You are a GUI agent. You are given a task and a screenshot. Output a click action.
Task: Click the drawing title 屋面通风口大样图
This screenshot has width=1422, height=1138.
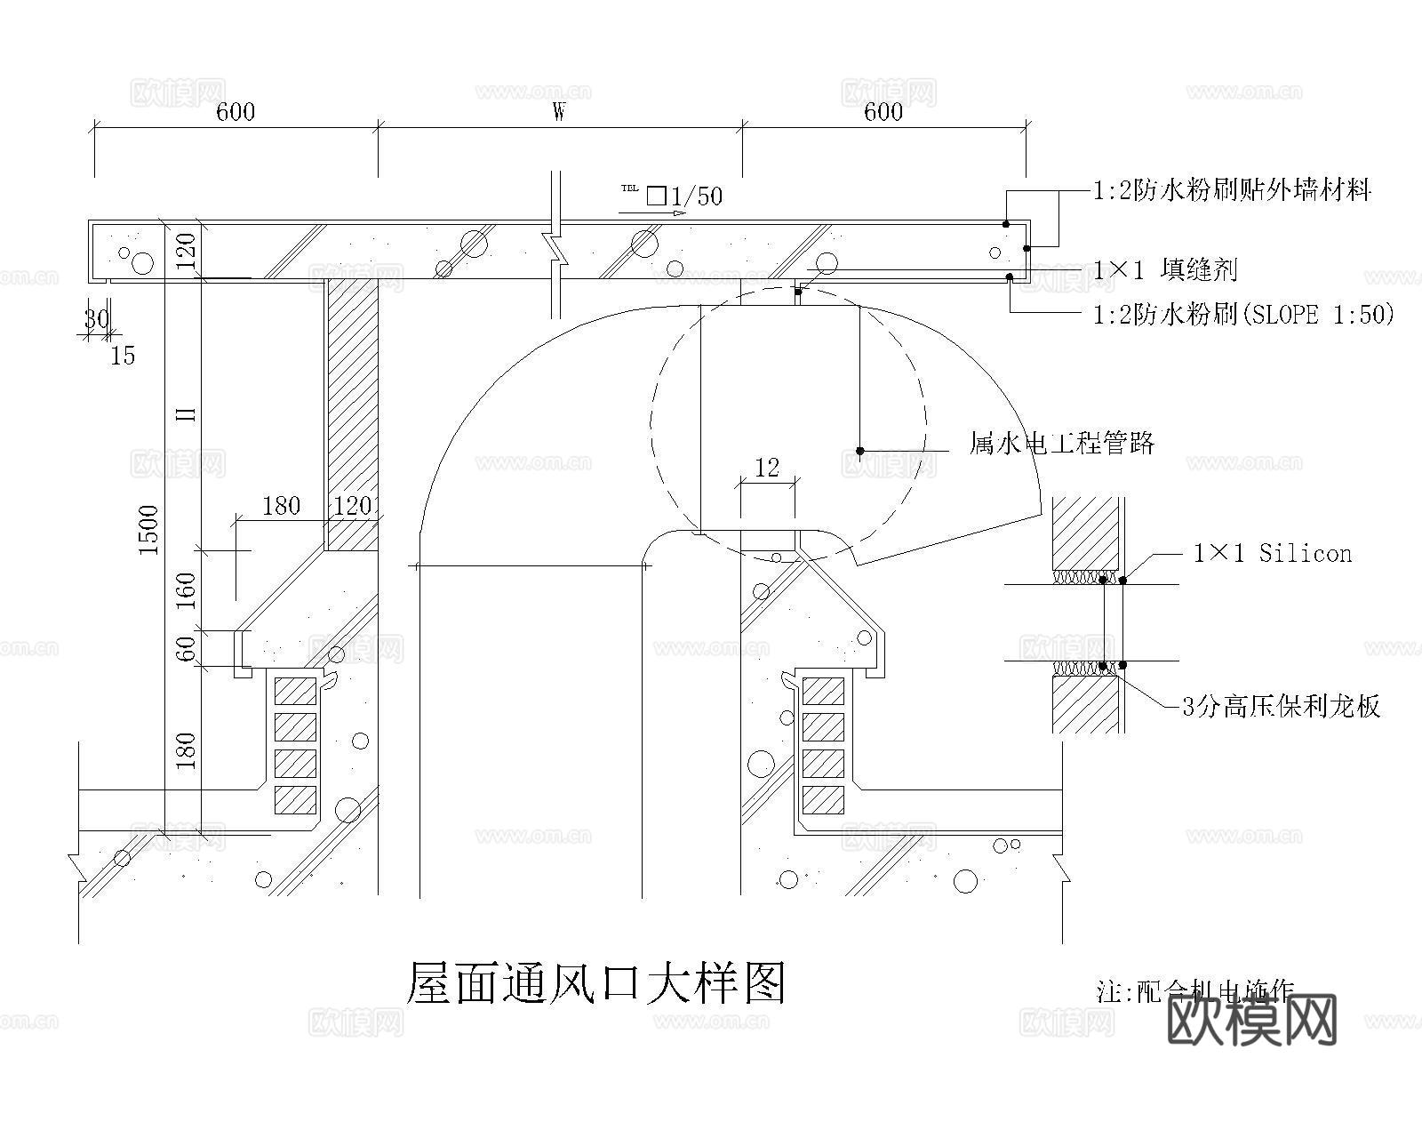595,982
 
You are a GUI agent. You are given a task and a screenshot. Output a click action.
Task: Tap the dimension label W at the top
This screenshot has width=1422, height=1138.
559,111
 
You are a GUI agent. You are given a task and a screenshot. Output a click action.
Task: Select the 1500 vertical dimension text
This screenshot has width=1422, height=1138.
148,530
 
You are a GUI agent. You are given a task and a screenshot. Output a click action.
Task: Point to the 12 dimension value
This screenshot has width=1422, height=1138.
766,468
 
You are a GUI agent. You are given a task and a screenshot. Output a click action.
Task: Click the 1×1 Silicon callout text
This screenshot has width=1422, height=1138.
1272,554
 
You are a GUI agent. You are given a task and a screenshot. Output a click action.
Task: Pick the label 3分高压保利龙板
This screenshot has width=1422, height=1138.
1281,707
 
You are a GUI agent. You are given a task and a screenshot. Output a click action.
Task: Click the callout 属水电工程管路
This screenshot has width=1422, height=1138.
1062,442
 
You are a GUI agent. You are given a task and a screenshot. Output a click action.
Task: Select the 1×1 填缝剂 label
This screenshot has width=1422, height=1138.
1165,269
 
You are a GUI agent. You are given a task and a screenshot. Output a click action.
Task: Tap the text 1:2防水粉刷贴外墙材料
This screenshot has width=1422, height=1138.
1232,189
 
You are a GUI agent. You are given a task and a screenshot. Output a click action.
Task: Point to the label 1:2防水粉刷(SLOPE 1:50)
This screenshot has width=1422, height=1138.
1243,314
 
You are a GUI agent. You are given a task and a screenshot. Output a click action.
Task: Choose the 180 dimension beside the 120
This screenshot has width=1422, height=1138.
282,506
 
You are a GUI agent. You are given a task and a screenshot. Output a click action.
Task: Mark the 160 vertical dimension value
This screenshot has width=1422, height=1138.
186,590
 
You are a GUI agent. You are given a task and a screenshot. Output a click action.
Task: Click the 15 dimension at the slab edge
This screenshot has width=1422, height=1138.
123,356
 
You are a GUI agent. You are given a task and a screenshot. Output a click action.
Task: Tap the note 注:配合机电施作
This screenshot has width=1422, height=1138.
1195,990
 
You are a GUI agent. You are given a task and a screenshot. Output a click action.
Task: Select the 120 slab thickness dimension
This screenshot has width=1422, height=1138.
186,249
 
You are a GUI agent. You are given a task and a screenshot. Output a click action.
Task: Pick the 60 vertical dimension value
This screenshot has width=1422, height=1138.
186,648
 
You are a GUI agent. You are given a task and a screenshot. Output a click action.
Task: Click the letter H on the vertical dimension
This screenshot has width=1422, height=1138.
186,414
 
